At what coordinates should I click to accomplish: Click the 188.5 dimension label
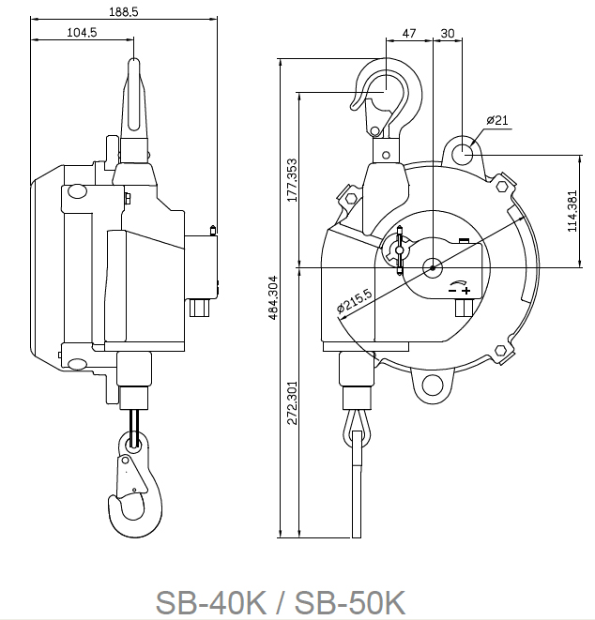(x=124, y=12)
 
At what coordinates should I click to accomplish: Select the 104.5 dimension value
(x=82, y=33)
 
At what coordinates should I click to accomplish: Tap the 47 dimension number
(x=409, y=33)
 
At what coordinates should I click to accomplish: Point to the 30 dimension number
(x=448, y=33)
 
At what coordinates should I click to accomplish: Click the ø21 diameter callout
(x=497, y=120)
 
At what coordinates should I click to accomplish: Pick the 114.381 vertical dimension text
(x=572, y=211)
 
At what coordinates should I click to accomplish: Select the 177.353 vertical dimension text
(x=293, y=180)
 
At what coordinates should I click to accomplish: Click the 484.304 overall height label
(x=273, y=297)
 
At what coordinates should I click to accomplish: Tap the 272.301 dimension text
(x=293, y=403)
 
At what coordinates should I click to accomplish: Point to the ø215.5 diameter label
(x=355, y=300)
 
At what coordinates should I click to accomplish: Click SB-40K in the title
(x=210, y=602)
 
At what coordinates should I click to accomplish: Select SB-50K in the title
(x=350, y=602)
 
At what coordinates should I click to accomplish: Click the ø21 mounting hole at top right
(x=462, y=153)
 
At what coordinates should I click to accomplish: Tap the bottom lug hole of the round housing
(x=433, y=386)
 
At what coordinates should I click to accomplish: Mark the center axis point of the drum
(x=433, y=268)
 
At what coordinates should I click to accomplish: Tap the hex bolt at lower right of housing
(x=500, y=350)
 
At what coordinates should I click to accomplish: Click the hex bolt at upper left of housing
(x=351, y=198)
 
